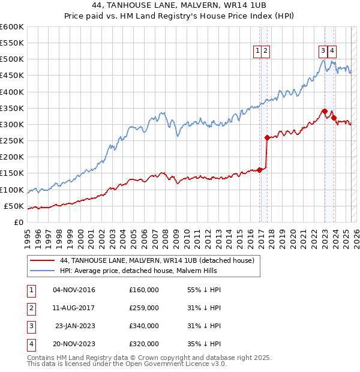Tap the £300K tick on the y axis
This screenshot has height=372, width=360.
point(12,124)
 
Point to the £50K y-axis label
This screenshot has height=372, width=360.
point(14,206)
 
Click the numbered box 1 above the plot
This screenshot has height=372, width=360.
point(257,52)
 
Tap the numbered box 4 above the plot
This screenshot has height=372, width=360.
point(332,52)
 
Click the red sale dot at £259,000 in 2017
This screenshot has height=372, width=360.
point(267,137)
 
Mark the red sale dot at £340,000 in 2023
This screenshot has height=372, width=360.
point(325,111)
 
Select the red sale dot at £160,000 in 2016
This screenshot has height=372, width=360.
point(260,170)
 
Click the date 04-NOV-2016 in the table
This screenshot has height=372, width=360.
point(74,290)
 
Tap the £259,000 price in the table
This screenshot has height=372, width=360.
point(144,308)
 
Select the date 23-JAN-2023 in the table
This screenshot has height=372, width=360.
point(75,326)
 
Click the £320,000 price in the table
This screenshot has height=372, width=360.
point(144,344)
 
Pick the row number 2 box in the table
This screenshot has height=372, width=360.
point(31,308)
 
